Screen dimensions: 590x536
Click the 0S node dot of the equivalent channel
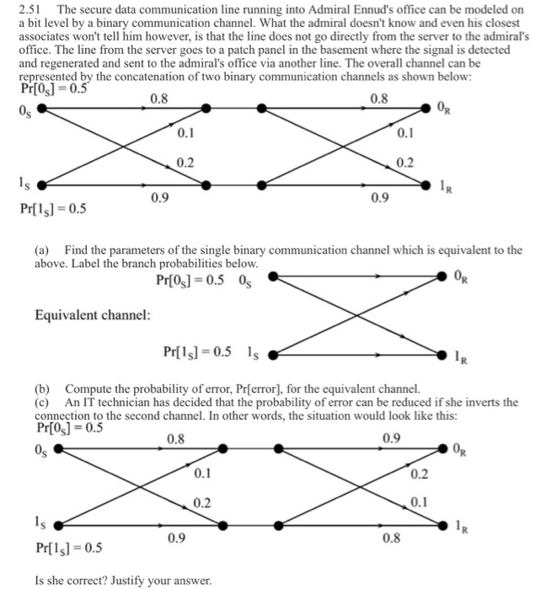(x=272, y=278)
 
